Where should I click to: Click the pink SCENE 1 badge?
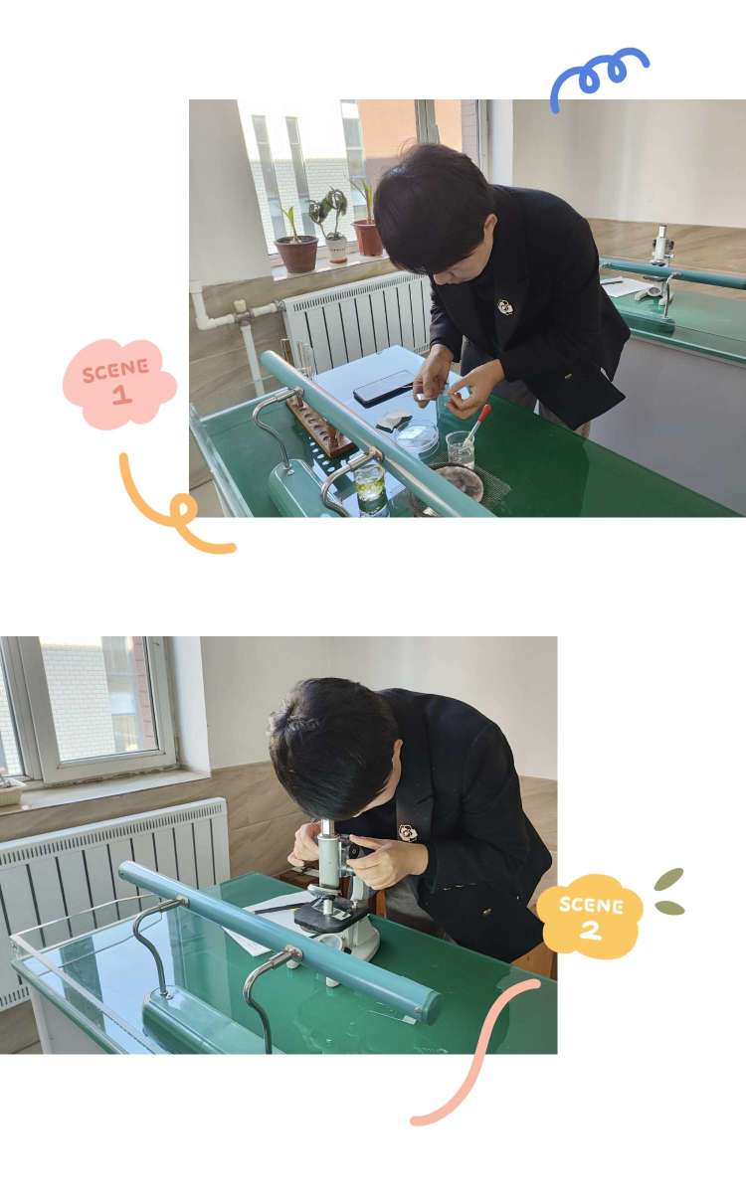(x=119, y=384)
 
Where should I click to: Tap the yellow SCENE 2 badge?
(x=590, y=917)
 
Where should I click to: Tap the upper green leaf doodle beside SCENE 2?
(x=668, y=879)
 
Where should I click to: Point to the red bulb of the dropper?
(x=484, y=413)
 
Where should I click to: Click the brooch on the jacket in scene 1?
(x=504, y=307)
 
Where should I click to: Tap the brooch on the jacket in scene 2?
(x=408, y=832)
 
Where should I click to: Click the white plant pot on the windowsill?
(x=336, y=251)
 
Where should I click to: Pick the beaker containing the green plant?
(x=370, y=488)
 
